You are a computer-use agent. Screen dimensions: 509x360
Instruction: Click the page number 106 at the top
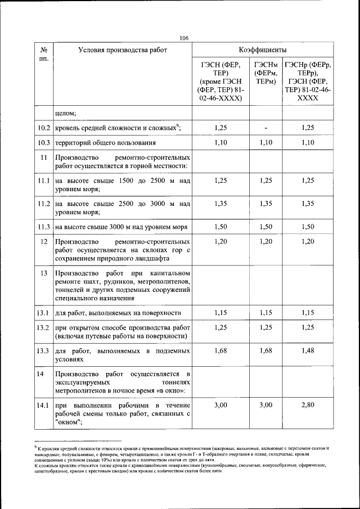184,38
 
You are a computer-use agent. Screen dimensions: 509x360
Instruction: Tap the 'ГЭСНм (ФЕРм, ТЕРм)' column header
265,73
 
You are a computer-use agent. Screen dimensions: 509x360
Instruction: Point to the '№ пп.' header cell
44,54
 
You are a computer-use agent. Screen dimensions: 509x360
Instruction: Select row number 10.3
44,143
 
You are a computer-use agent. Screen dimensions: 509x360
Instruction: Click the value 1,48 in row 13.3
308,351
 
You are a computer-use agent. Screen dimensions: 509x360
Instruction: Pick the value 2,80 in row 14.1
308,404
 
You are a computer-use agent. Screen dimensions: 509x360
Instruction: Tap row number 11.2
44,203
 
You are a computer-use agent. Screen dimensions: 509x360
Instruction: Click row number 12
44,241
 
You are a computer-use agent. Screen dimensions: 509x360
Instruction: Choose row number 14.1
44,404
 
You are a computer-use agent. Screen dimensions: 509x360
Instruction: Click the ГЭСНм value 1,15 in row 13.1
265,313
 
